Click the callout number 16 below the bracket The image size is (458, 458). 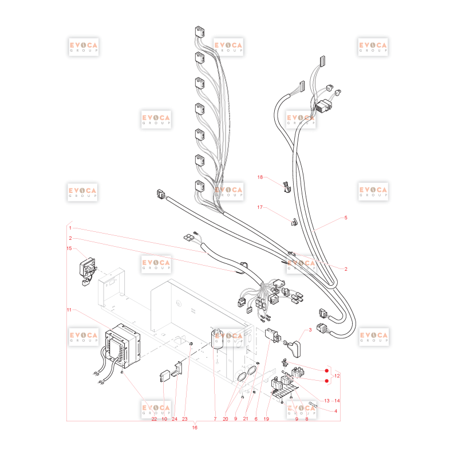[195, 427]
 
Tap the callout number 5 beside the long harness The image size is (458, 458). [346, 218]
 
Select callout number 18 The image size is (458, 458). [260, 177]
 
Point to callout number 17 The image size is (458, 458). [260, 207]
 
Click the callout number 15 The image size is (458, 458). [69, 248]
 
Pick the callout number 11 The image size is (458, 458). [69, 310]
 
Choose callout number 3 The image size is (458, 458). [310, 330]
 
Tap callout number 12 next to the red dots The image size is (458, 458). [337, 376]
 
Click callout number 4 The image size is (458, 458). [335, 411]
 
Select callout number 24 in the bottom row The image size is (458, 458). [175, 419]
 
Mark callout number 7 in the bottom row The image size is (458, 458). [215, 419]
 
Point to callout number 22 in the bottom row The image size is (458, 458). [154, 419]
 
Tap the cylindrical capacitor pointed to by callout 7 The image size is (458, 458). [218, 339]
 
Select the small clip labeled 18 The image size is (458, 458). [287, 187]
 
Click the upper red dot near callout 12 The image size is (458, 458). [327, 370]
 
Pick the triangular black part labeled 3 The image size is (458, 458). [294, 349]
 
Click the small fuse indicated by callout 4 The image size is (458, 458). [313, 404]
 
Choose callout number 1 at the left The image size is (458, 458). [70, 228]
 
